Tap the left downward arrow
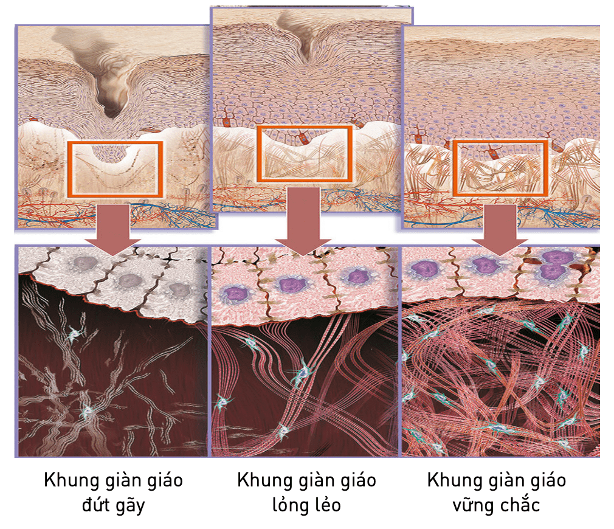click(112, 228)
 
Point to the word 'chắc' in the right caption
click(518, 505)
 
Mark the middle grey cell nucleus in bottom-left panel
click(129, 280)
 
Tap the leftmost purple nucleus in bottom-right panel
click(424, 268)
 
